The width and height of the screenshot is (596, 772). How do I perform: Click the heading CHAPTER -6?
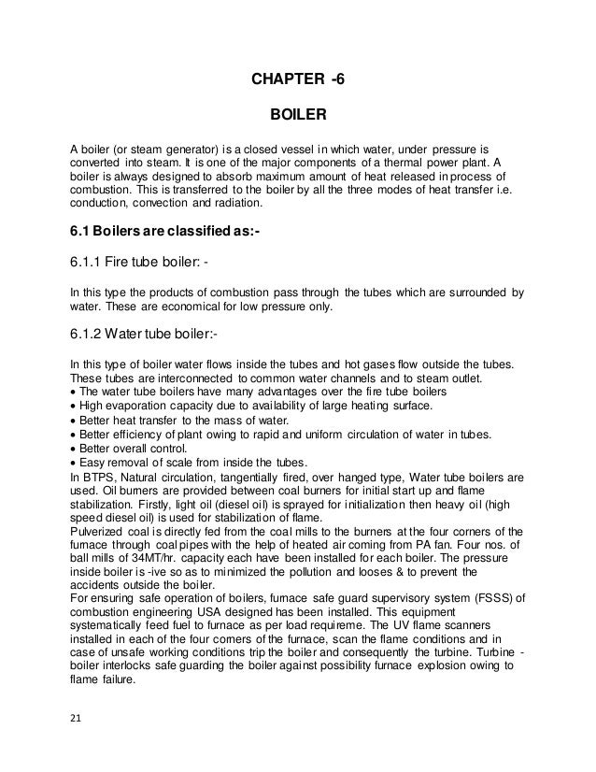(297, 79)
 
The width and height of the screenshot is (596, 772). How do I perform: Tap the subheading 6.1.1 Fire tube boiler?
(139, 263)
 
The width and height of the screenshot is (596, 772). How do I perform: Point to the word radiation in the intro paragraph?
(238, 203)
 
